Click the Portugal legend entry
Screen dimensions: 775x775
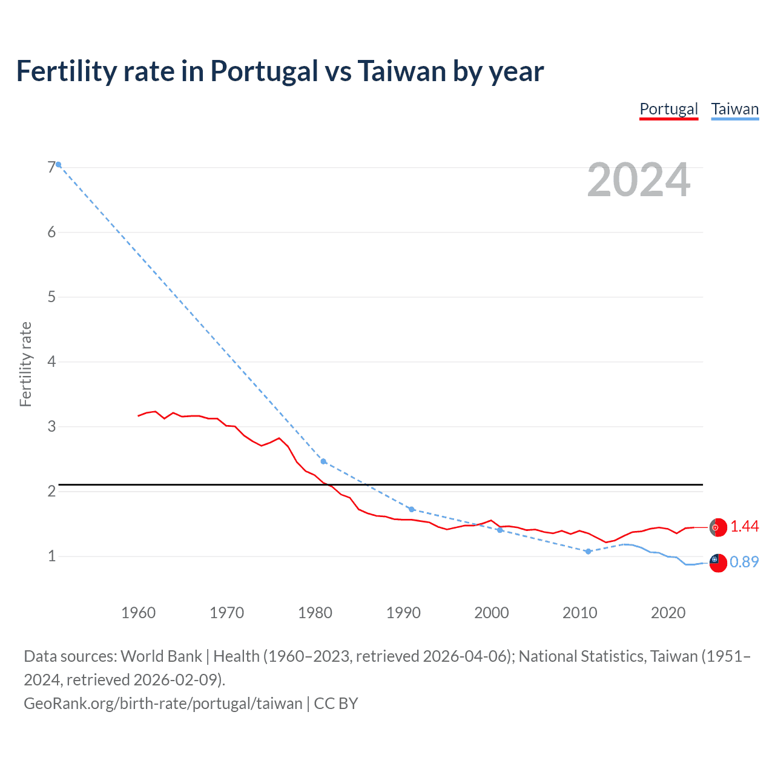pyautogui.click(x=668, y=109)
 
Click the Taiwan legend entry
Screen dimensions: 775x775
pyautogui.click(x=734, y=109)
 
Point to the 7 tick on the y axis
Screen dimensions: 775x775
pyautogui.click(x=51, y=167)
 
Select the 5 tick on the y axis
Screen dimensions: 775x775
pyautogui.click(x=51, y=297)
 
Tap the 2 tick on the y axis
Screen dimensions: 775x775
pyautogui.click(x=51, y=491)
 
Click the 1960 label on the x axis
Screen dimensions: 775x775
pyautogui.click(x=139, y=613)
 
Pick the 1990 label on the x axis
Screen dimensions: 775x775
pyautogui.click(x=403, y=613)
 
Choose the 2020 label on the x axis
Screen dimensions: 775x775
pyautogui.click(x=668, y=613)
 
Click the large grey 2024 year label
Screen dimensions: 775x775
pyautogui.click(x=638, y=180)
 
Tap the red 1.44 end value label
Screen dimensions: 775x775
pyautogui.click(x=744, y=527)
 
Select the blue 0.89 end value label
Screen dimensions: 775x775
pyautogui.click(x=744, y=562)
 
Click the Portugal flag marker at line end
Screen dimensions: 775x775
pyautogui.click(x=718, y=527)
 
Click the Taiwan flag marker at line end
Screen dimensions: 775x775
pyautogui.click(x=718, y=562)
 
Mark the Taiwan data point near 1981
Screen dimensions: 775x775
pyautogui.click(x=323, y=461)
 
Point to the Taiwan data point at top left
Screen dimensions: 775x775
pyautogui.click(x=58, y=164)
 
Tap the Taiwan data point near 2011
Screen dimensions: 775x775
pyautogui.click(x=588, y=551)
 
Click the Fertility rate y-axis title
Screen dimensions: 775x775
pyautogui.click(x=25, y=364)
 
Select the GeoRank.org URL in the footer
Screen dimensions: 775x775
pyautogui.click(x=163, y=704)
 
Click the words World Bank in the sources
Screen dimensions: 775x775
pyautogui.click(x=162, y=656)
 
